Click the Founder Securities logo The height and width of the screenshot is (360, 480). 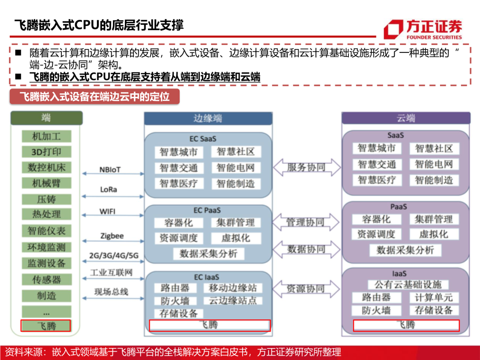click(x=423, y=29)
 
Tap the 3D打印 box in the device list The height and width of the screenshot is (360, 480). click(x=46, y=152)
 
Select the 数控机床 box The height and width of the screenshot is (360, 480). click(x=46, y=168)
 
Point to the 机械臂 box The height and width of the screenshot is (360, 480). click(x=46, y=183)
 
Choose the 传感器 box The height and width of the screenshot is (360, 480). click(x=46, y=280)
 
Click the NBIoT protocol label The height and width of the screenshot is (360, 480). click(x=110, y=170)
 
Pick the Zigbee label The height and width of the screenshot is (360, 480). click(x=112, y=236)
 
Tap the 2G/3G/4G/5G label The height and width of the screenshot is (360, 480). click(x=113, y=256)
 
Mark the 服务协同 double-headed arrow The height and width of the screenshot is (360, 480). click(x=306, y=168)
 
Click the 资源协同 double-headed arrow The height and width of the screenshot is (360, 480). click(x=306, y=289)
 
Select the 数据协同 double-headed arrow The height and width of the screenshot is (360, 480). click(x=306, y=249)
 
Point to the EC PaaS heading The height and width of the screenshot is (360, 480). click(x=207, y=210)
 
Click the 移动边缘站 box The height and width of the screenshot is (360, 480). click(x=233, y=288)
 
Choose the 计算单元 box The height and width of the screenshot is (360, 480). click(x=433, y=297)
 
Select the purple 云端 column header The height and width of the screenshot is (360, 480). click(x=406, y=118)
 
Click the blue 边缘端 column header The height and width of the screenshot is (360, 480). click(x=208, y=118)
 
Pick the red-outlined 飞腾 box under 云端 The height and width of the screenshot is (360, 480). click(x=406, y=325)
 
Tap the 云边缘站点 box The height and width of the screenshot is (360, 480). click(x=233, y=301)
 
